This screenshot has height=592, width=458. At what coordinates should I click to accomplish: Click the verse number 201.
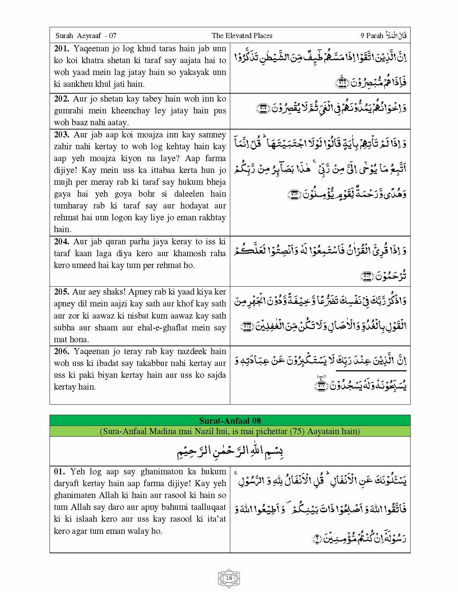pos(62,48)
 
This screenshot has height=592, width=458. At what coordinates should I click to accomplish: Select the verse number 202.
pos(62,99)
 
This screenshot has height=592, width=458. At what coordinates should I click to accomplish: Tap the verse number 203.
pos(62,135)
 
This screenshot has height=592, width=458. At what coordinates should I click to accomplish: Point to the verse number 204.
pos(62,241)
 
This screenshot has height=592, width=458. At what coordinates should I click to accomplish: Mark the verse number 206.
pos(62,351)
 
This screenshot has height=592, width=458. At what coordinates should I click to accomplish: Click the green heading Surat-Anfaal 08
pos(230,420)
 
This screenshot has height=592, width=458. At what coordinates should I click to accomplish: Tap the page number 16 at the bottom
pos(229,578)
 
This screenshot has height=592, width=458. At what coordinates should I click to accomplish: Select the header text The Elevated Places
pos(242,36)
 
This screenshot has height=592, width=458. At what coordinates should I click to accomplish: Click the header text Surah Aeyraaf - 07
pos(86,36)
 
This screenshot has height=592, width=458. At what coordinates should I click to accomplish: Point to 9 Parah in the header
pos(372,36)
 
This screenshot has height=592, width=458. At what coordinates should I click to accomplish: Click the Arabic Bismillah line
pos(230,451)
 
